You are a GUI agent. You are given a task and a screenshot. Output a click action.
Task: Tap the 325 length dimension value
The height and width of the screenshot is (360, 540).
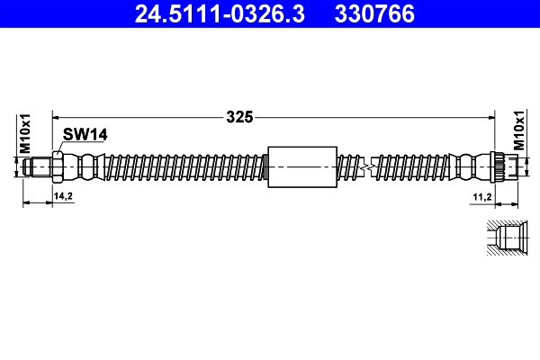239,116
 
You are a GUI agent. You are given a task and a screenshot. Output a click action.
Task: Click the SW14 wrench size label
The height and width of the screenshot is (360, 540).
85,135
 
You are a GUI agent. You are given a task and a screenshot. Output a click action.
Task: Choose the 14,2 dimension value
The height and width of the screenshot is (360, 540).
63,195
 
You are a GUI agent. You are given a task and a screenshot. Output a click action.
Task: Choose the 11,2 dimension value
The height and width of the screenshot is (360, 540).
482,195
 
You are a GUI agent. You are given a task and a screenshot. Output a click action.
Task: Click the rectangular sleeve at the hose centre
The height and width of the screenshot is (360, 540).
301,166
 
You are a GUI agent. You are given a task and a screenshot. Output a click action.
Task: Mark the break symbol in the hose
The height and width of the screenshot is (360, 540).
365,167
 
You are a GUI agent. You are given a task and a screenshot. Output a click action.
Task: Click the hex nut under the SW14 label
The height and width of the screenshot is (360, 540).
58,166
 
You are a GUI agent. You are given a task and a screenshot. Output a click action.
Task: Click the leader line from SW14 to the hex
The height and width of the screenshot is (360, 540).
61,146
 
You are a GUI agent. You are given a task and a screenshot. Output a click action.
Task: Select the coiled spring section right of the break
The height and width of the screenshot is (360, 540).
409,166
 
